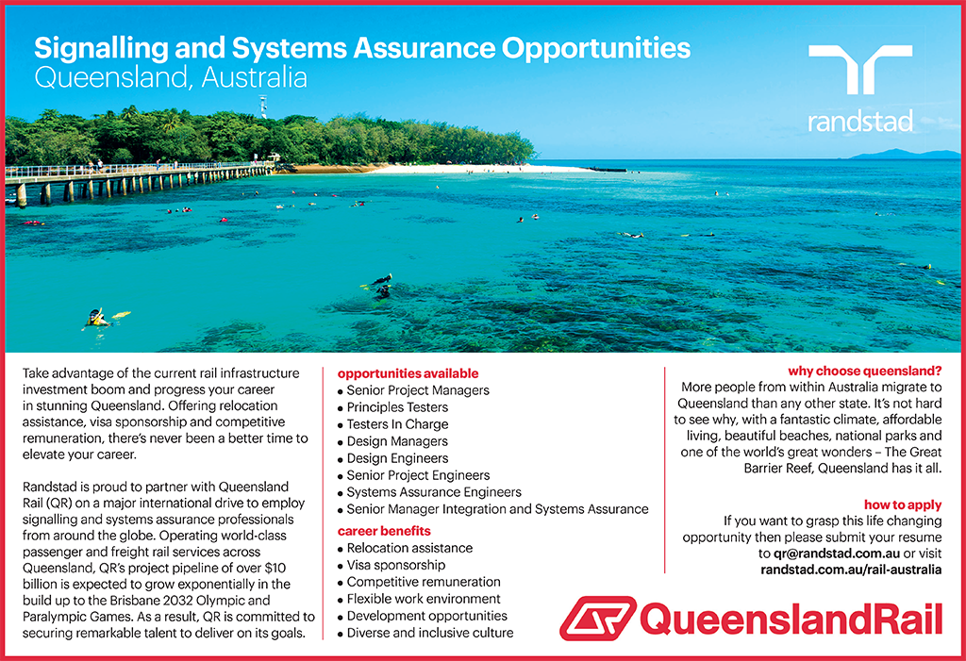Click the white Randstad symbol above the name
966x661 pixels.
pyautogui.click(x=860, y=68)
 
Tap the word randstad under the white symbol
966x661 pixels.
pyautogui.click(x=860, y=122)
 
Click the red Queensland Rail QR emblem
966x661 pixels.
pyautogui.click(x=597, y=618)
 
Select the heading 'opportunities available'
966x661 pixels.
pyautogui.click(x=408, y=373)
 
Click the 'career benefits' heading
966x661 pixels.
pyautogui.click(x=384, y=531)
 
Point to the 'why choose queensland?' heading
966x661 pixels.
pyautogui.click(x=865, y=371)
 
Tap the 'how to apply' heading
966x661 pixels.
pyautogui.click(x=903, y=505)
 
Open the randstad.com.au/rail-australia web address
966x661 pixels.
pyautogui.click(x=851, y=570)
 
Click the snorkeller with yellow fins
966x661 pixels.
pyautogui.click(x=101, y=318)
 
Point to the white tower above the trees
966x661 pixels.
pyautogui.click(x=264, y=106)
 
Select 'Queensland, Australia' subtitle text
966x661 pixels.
pyautogui.click(x=171, y=78)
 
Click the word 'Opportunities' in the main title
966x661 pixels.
pyautogui.click(x=596, y=49)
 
